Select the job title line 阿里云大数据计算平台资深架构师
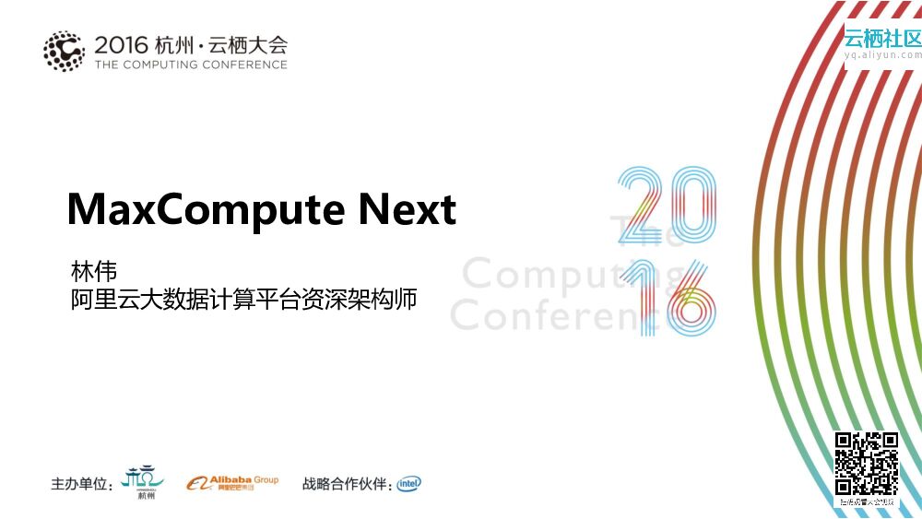click(x=243, y=301)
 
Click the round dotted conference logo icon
click(x=64, y=51)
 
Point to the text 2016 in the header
click(x=122, y=43)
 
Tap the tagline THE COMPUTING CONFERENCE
click(x=191, y=65)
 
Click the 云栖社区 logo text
click(x=882, y=38)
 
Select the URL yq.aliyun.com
click(x=882, y=54)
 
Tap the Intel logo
click(x=409, y=483)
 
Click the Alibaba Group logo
click(x=232, y=483)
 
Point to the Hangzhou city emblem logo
click(x=144, y=481)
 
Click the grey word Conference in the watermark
click(x=558, y=315)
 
